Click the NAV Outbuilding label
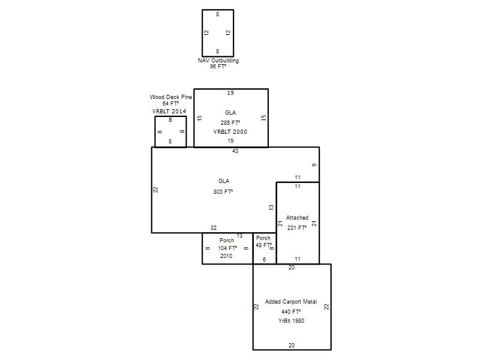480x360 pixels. [218, 61]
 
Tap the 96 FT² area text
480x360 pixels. [218, 67]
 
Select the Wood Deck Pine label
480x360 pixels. [171, 97]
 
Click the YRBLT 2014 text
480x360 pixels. [169, 111]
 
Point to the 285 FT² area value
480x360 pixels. [230, 123]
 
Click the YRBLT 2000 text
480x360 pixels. [230, 132]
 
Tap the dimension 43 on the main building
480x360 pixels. [235, 151]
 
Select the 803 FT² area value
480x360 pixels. [223, 192]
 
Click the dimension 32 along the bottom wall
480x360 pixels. [214, 228]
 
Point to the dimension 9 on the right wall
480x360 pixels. [314, 166]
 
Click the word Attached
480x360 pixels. [297, 218]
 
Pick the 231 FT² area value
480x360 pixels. [297, 228]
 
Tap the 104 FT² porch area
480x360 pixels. [227, 248]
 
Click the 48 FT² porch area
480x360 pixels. [264, 245]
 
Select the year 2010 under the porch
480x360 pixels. [226, 256]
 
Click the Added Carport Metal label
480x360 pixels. [291, 302]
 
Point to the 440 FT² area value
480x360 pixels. [291, 311]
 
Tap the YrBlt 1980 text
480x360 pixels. [291, 321]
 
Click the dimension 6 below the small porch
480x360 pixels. [264, 260]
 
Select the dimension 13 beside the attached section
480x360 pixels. [271, 207]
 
